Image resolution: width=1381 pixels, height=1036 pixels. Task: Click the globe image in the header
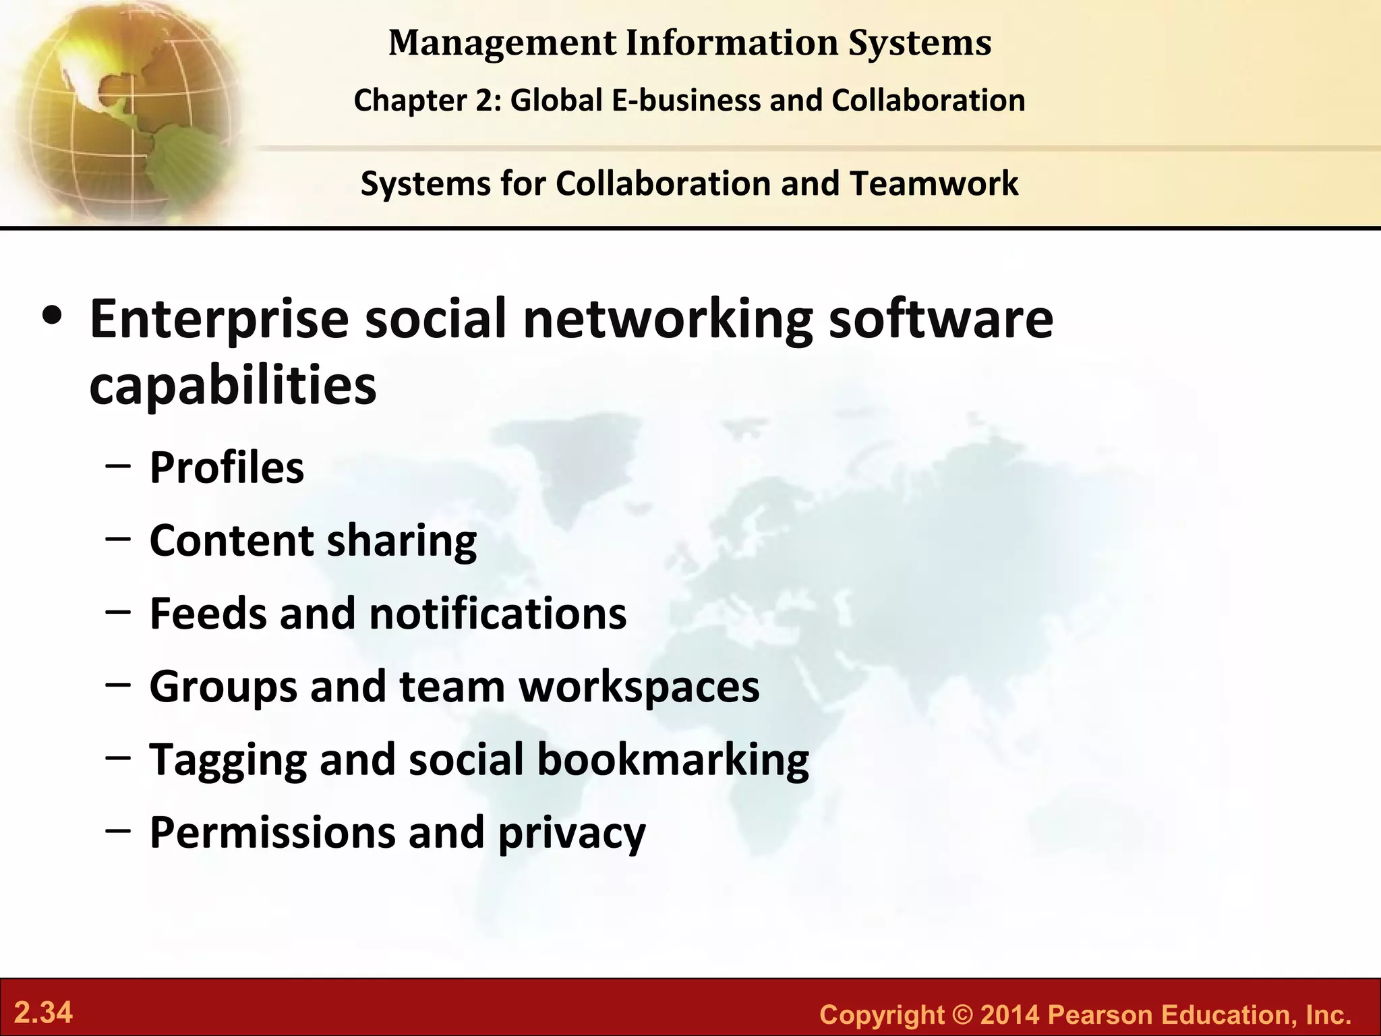(x=121, y=111)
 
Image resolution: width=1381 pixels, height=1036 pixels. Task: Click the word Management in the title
(x=502, y=42)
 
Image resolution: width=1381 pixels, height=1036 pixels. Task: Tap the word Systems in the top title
(x=920, y=42)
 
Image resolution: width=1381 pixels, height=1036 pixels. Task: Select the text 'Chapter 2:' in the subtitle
(x=428, y=100)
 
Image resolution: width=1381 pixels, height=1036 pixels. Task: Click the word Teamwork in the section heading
(x=934, y=183)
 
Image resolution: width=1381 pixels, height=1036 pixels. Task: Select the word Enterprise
(x=219, y=319)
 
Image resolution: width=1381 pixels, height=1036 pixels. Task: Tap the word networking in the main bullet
(x=668, y=319)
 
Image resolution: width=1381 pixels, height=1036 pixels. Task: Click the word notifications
(x=498, y=613)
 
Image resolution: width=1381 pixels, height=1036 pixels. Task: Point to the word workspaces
(x=639, y=686)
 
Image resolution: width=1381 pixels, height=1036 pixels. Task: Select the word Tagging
(x=228, y=760)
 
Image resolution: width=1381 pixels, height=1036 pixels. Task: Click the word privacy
(x=572, y=833)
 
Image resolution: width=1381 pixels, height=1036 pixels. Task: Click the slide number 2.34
(x=44, y=1012)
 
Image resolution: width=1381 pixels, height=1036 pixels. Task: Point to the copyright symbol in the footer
(x=962, y=1015)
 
